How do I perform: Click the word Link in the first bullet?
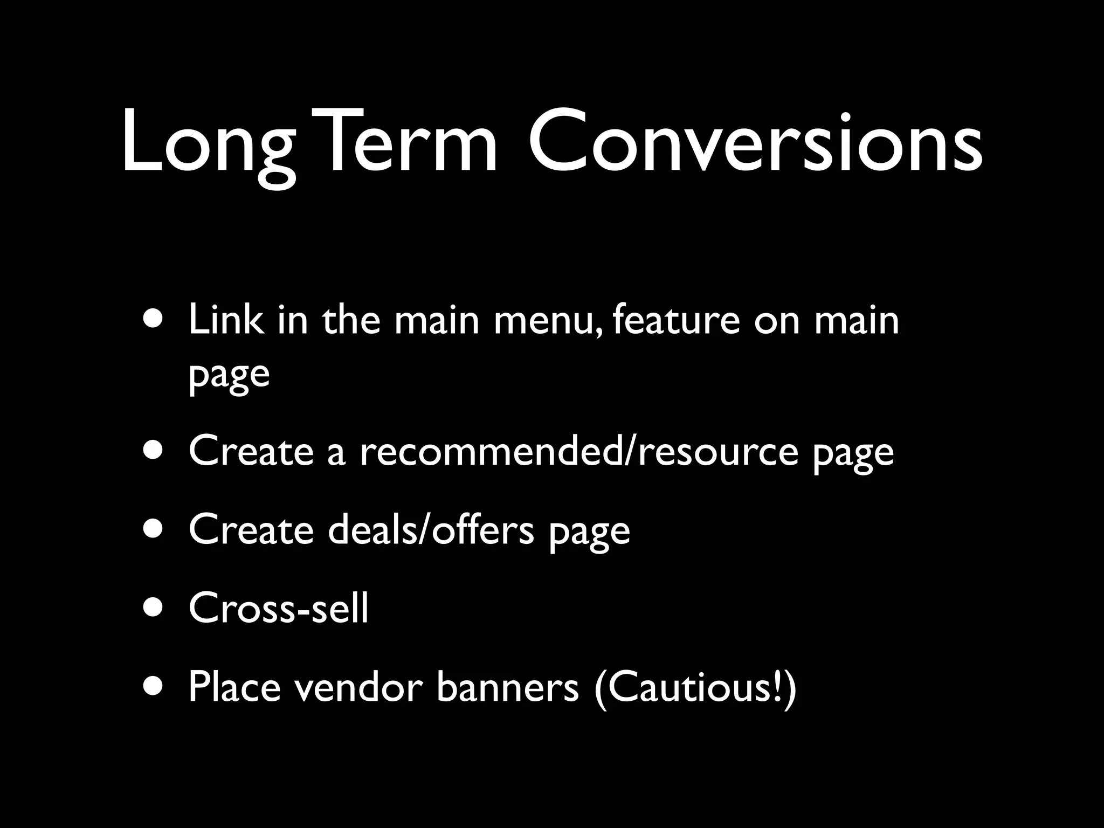click(x=226, y=320)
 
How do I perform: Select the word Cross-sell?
click(x=278, y=608)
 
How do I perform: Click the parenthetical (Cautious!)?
click(x=695, y=689)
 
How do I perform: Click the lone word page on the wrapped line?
click(x=229, y=375)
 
